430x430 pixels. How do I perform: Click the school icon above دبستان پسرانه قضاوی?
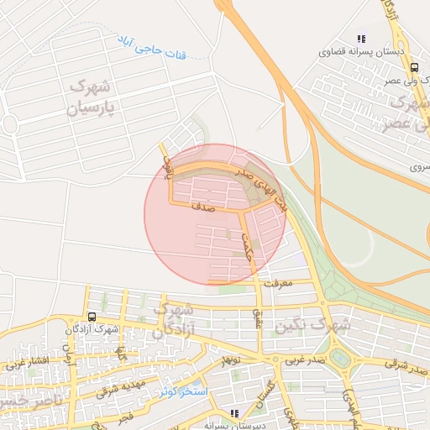click(x=361, y=39)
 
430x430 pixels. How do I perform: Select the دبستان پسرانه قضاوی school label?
click(x=361, y=52)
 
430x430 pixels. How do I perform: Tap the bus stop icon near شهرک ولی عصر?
click(x=415, y=69)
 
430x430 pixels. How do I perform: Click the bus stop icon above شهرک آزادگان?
click(x=90, y=317)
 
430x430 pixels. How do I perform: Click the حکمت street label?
click(x=246, y=243)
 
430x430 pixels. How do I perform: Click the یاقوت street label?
click(x=166, y=157)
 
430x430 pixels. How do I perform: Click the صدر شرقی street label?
click(x=403, y=363)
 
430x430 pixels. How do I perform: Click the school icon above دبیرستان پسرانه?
click(x=234, y=412)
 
